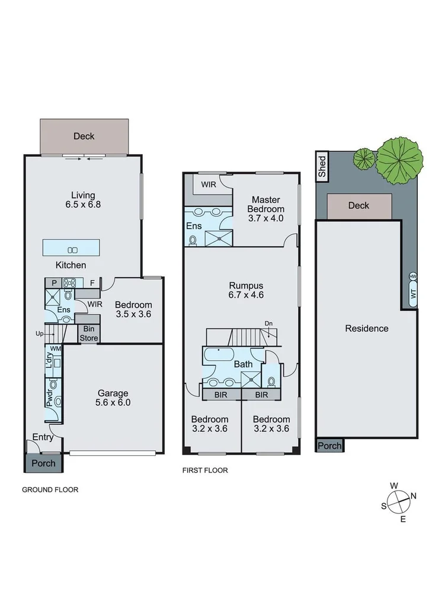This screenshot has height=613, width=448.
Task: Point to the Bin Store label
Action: point(90,333)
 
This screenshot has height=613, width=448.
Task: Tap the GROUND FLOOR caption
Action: point(50,490)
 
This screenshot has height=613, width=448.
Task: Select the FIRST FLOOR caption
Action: point(205,470)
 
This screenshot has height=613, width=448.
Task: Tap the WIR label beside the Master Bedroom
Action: point(209,185)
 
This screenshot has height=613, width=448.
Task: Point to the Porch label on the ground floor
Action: point(43,463)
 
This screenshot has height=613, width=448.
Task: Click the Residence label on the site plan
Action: point(367,328)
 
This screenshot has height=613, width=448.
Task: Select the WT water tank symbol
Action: point(413,294)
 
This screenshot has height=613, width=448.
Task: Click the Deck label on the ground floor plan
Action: point(84,136)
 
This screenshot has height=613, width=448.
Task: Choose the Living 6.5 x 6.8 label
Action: point(83,200)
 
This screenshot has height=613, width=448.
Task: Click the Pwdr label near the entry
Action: point(49,397)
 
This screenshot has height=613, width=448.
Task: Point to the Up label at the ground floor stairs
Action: point(40,334)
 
